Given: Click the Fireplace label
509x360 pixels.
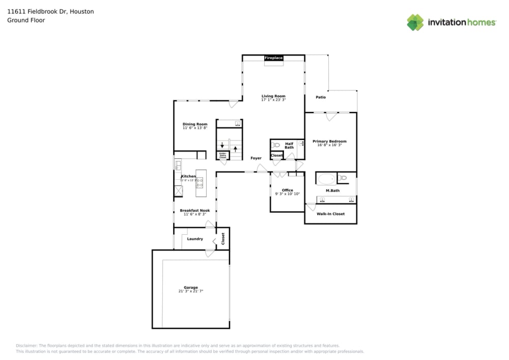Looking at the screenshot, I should (x=273, y=58).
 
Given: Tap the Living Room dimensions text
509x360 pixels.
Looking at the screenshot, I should (x=273, y=100).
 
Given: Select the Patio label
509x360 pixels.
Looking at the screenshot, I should (x=321, y=97).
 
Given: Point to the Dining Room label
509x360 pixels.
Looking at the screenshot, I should (x=195, y=124).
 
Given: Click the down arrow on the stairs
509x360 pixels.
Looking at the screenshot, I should (x=222, y=145).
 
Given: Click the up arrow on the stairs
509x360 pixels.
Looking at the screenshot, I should (x=235, y=149).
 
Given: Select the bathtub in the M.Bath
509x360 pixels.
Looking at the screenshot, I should (x=326, y=179).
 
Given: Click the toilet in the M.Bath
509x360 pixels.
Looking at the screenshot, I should (x=343, y=178).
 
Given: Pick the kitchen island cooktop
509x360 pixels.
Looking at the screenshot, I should (x=200, y=182).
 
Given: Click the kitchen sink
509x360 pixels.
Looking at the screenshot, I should (x=178, y=164).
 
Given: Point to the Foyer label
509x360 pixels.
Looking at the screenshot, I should (x=256, y=158).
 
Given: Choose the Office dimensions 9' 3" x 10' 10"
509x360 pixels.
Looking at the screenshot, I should (x=288, y=194).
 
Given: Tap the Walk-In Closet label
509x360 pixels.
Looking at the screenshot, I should (x=331, y=214).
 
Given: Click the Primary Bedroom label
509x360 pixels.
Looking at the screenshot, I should (x=330, y=141).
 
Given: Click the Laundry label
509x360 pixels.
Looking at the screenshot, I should (x=195, y=239).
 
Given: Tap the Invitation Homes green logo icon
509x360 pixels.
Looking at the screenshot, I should (x=415, y=22).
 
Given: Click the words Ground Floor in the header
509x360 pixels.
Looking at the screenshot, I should (x=26, y=20).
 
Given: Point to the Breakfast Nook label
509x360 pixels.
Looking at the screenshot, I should (x=195, y=210).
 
